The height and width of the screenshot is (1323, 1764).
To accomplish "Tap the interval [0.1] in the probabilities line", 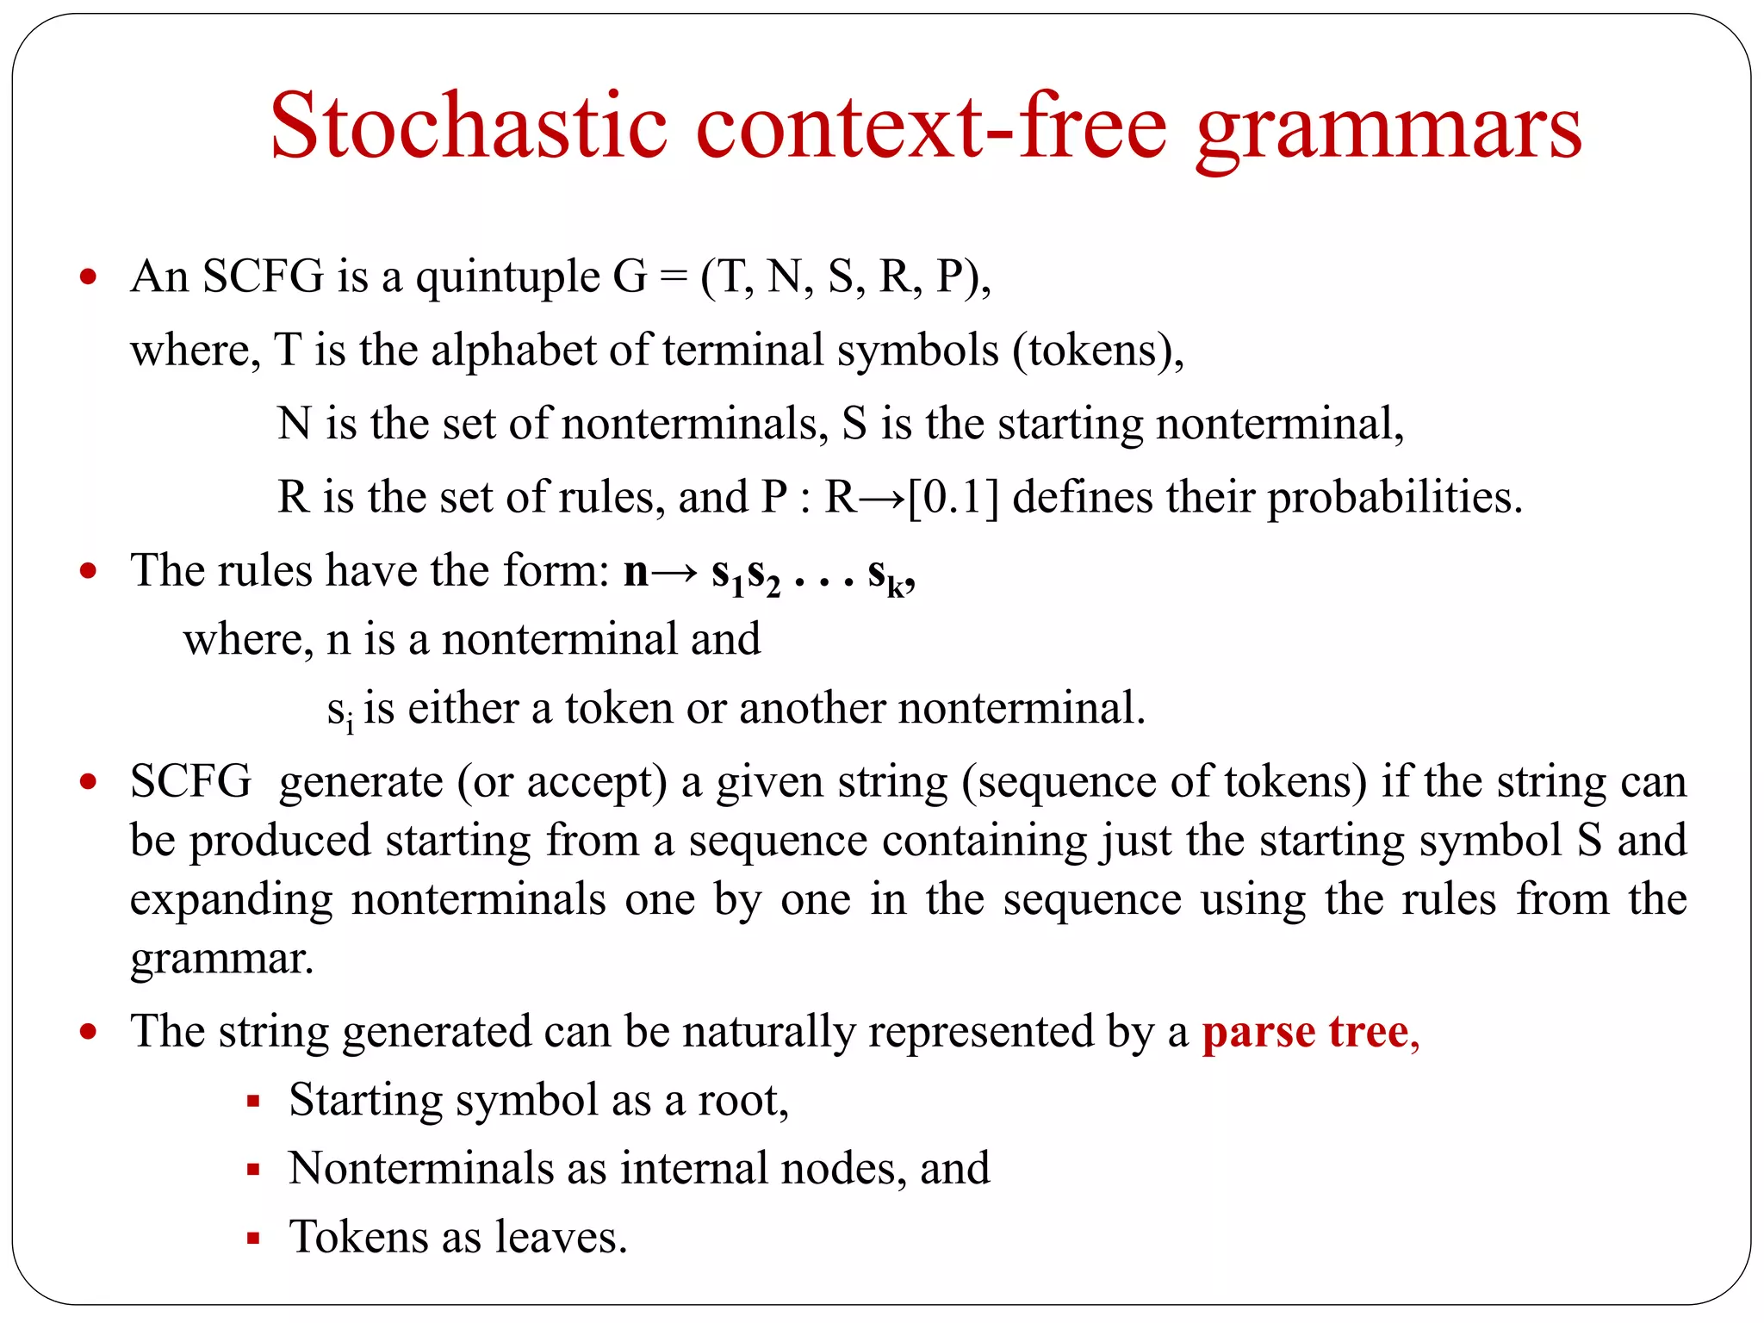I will (953, 497).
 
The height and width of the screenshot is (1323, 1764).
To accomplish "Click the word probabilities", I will (1395, 498).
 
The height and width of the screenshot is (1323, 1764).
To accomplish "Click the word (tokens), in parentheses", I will (1099, 351).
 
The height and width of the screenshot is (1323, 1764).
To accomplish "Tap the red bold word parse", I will (1258, 1032).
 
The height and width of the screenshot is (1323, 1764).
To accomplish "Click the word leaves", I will (561, 1237).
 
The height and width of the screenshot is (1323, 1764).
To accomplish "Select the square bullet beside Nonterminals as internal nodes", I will (253, 1170).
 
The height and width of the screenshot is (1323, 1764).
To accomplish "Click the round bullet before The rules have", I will (88, 571).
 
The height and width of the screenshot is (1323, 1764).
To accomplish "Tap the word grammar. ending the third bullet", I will (221, 958).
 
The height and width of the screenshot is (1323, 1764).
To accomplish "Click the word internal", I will (694, 1169).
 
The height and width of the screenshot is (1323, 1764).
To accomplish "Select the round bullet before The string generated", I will (88, 1032).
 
